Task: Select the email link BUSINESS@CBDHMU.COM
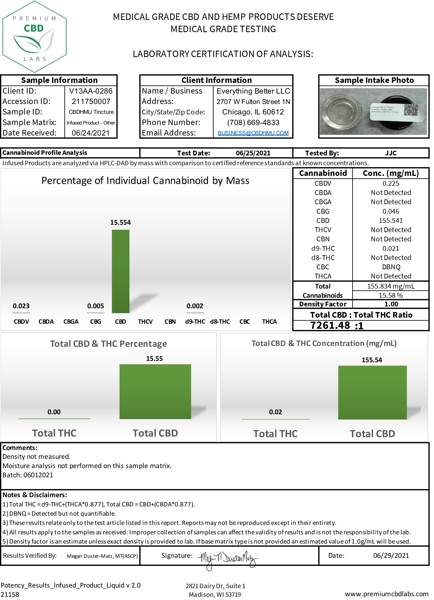[x=253, y=133]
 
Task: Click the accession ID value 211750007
[x=91, y=102]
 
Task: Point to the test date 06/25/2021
[x=253, y=153]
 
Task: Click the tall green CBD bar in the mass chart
[x=121, y=271]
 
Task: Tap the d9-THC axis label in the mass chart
[x=195, y=322]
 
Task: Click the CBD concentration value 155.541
[x=391, y=221]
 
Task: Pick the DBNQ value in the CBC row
[x=391, y=267]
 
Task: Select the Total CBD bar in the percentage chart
[x=155, y=392]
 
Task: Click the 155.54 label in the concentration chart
[x=372, y=360]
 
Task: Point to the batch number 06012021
[x=38, y=475]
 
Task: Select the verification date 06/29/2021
[x=391, y=556]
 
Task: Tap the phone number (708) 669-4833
[x=253, y=123]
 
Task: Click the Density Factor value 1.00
[x=391, y=304]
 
